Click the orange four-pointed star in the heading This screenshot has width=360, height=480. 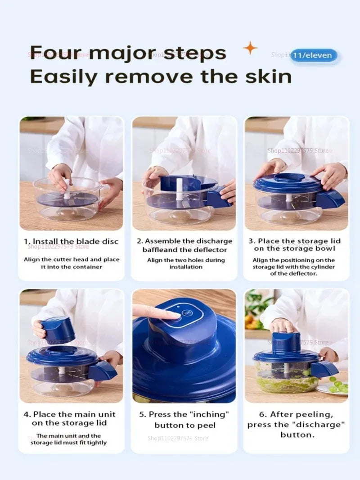(250, 48)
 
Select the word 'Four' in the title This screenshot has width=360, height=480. (54, 53)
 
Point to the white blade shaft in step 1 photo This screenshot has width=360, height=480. (67, 189)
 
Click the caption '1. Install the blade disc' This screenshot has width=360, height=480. (71, 241)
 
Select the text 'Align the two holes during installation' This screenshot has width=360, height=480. (186, 263)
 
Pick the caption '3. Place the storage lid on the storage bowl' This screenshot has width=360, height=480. (294, 245)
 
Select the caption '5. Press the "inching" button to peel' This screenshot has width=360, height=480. (185, 420)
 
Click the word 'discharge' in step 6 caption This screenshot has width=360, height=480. (322, 425)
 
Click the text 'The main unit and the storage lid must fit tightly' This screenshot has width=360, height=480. (68, 439)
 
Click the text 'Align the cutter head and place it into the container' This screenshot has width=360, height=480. (71, 263)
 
